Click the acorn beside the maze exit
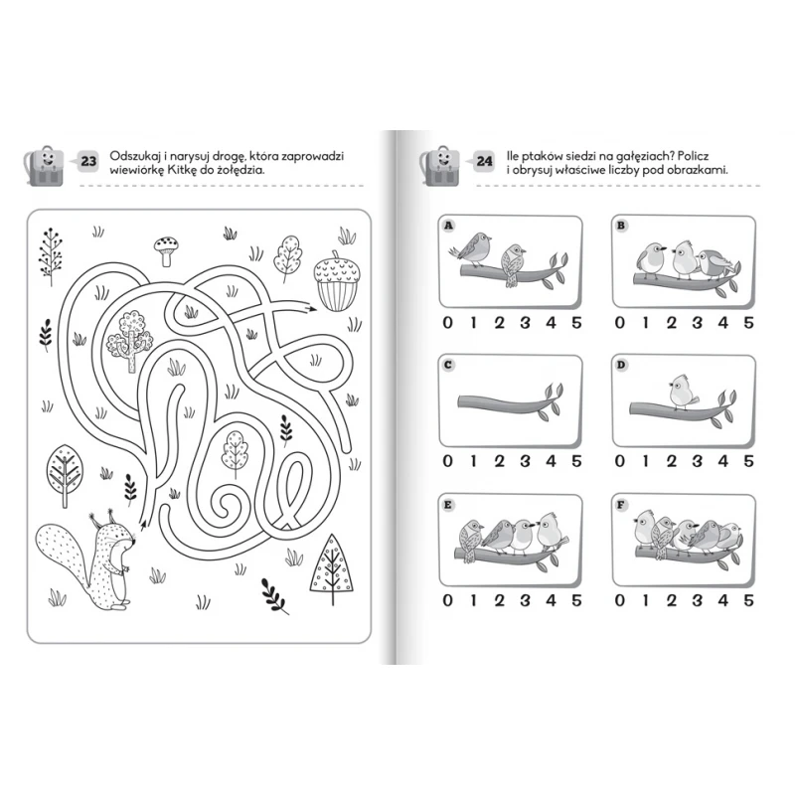point(337,280)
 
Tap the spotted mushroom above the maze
point(167,250)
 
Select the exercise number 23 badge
point(88,161)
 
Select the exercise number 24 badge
point(485,161)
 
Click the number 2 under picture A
point(500,322)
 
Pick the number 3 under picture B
point(698,322)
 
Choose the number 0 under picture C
point(447,461)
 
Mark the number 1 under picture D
point(645,461)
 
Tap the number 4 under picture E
point(551,600)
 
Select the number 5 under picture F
point(748,600)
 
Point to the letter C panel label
point(448,365)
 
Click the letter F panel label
point(621,505)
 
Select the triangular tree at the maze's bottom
point(332,568)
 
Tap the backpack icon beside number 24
point(439,166)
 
